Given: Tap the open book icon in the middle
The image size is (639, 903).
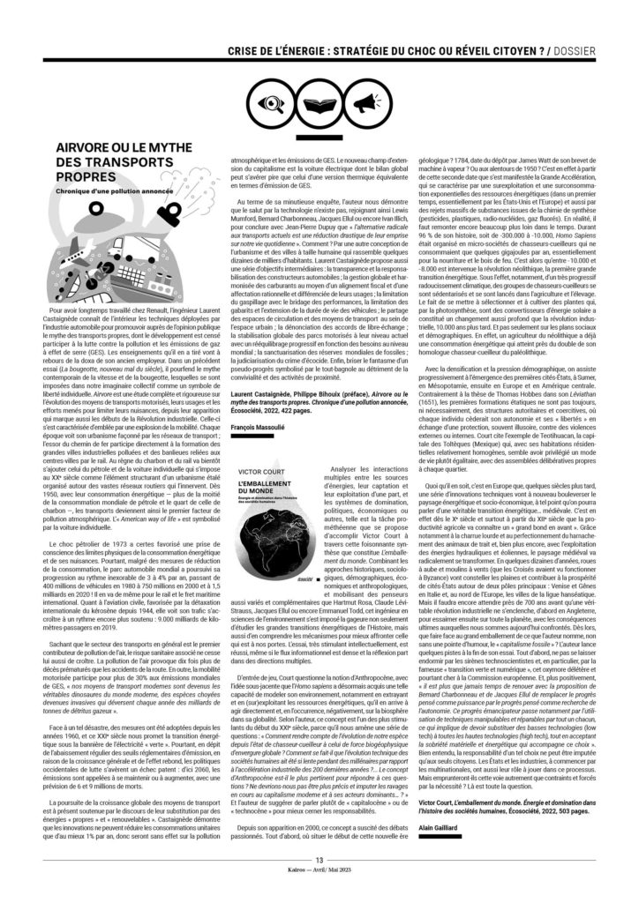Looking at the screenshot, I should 319,103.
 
